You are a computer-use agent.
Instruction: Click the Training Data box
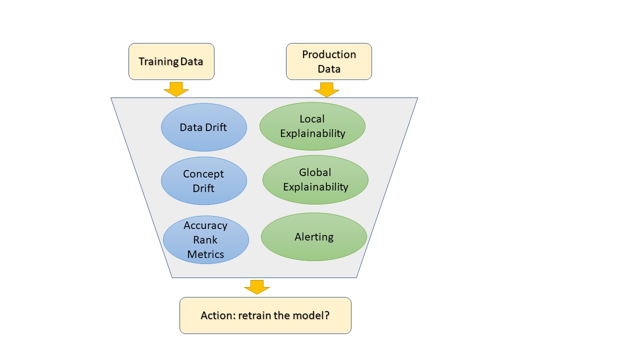(x=171, y=61)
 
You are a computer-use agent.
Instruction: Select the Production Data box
(x=328, y=61)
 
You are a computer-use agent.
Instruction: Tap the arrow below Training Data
(x=176, y=89)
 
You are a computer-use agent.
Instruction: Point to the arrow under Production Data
(x=326, y=89)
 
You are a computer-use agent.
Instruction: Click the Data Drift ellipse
(x=203, y=127)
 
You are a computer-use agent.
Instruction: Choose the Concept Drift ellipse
(x=203, y=181)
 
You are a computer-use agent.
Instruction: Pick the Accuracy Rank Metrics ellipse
(x=205, y=240)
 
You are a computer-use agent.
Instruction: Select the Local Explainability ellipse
(x=312, y=126)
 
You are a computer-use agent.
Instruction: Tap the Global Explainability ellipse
(x=315, y=179)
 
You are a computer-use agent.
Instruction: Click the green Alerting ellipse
(x=313, y=236)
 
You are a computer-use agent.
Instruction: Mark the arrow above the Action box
(x=257, y=286)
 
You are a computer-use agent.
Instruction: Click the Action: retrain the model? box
(x=265, y=315)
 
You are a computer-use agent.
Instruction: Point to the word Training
(x=158, y=61)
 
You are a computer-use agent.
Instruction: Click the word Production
(x=329, y=54)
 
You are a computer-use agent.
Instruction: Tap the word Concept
(x=203, y=174)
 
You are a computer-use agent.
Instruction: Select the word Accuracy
(x=205, y=225)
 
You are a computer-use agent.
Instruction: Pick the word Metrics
(x=205, y=254)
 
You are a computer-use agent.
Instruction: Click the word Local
(x=312, y=119)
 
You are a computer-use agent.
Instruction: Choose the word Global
(x=315, y=172)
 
